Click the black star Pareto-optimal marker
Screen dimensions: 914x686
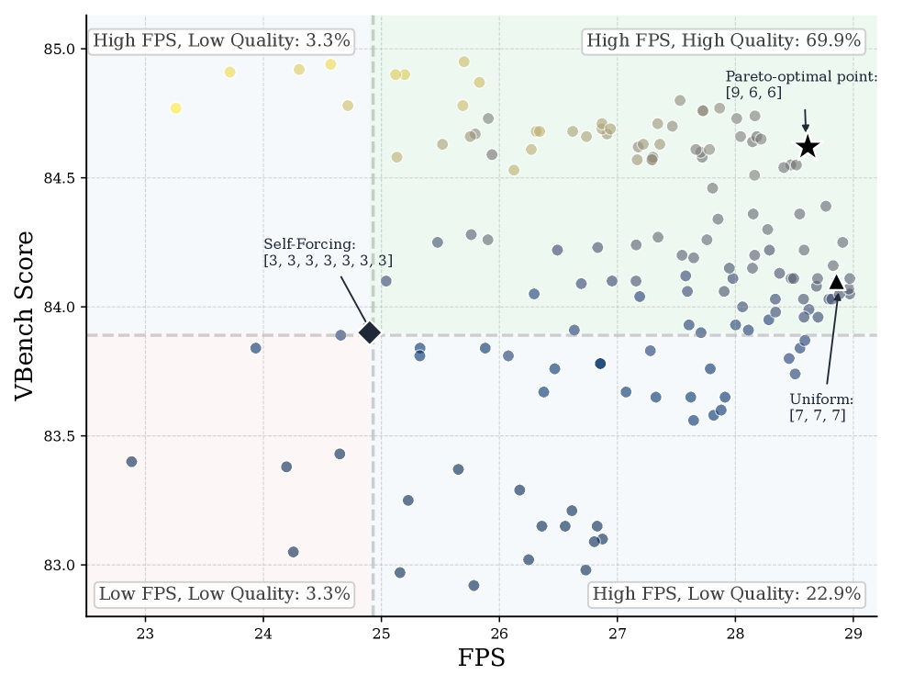coord(808,147)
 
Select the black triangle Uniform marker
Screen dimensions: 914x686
coord(837,283)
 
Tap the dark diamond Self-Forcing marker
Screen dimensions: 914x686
coord(370,333)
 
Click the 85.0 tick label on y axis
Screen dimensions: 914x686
coord(60,49)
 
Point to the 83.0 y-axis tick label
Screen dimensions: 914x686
coord(60,566)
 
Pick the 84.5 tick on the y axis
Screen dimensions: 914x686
coord(60,178)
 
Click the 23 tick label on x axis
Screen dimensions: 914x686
coord(145,634)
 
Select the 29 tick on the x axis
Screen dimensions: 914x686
coord(853,634)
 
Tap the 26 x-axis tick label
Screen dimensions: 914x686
coord(499,634)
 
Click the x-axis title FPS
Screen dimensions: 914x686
coord(482,658)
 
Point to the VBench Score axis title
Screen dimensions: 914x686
coord(24,316)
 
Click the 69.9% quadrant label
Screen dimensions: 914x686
coord(723,40)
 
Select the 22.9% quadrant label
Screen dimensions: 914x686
coord(726,594)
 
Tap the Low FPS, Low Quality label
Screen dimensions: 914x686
coord(225,594)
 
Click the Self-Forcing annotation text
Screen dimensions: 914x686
coord(329,252)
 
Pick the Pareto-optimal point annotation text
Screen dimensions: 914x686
coord(801,84)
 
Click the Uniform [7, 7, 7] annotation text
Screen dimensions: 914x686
coord(821,407)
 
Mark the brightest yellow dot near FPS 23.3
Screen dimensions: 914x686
coord(176,108)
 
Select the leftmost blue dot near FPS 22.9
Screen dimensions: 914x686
coord(132,462)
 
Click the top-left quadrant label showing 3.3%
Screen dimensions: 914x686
coord(221,40)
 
